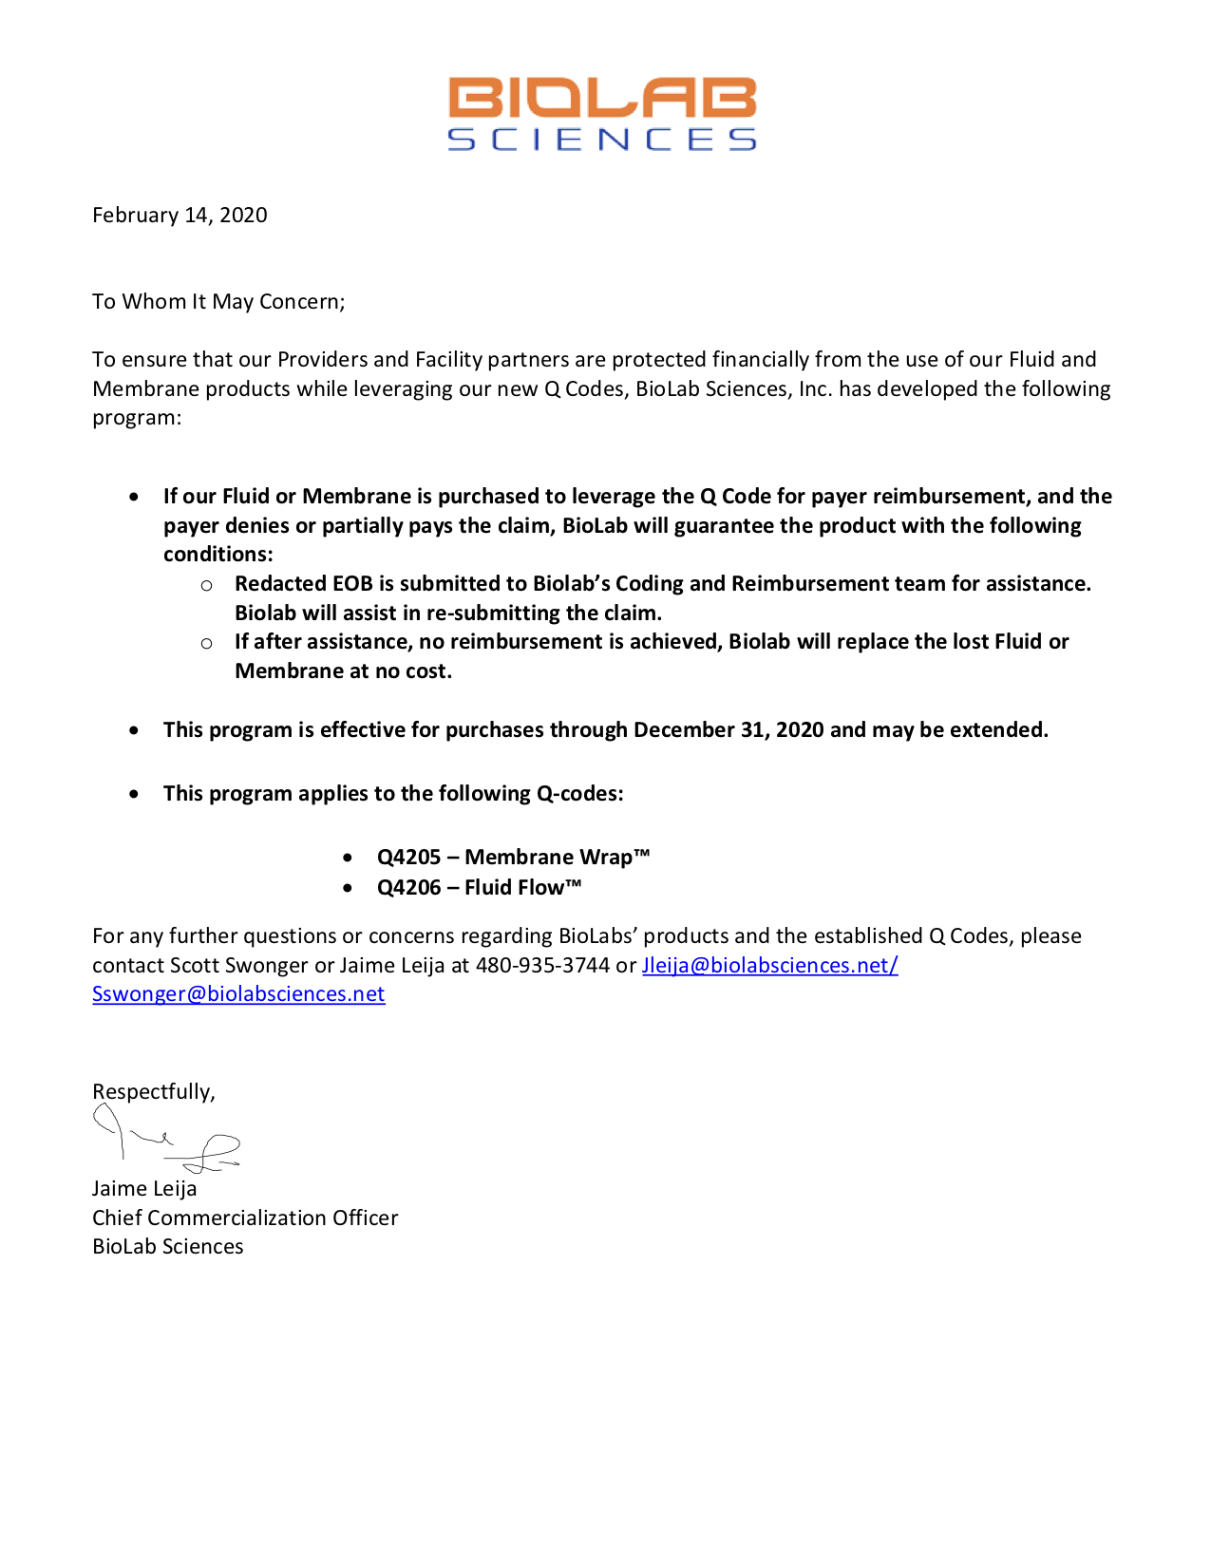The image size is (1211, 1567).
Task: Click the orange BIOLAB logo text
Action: tap(602, 99)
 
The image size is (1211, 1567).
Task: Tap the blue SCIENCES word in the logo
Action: tap(602, 140)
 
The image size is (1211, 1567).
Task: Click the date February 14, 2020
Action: tap(180, 216)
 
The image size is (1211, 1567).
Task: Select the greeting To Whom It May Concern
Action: tap(218, 302)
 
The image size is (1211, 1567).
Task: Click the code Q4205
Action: tap(408, 858)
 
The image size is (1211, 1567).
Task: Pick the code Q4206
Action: tap(408, 888)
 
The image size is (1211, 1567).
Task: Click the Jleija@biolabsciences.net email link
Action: tap(769, 966)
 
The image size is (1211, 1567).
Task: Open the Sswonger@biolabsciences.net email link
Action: tap(238, 994)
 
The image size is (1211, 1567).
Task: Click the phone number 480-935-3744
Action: tap(542, 966)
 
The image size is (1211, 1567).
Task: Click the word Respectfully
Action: tap(153, 1092)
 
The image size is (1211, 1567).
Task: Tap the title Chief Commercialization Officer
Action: tap(245, 1218)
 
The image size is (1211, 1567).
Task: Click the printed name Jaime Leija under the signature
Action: tap(144, 1189)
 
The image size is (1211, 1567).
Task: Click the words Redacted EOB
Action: tap(304, 584)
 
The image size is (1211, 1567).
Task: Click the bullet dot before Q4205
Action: tap(349, 859)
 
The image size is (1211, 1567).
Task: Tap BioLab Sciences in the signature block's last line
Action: tap(168, 1247)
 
